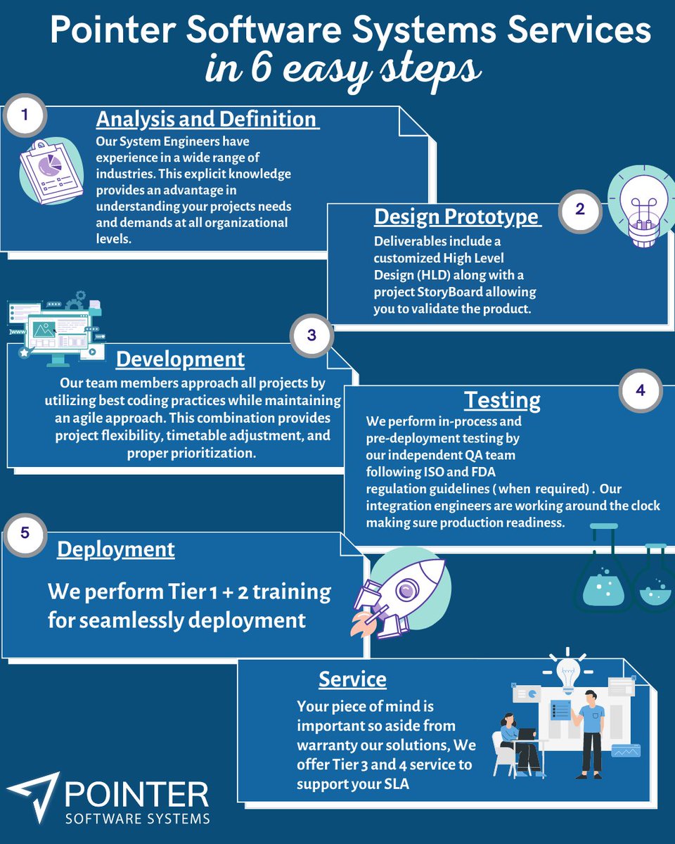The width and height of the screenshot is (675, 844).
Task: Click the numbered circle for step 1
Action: click(25, 115)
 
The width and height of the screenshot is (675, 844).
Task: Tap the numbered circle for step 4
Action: click(640, 390)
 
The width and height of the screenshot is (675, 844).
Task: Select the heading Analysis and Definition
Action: click(207, 119)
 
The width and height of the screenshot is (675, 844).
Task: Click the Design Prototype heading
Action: click(457, 217)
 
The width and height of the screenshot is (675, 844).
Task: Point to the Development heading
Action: click(180, 359)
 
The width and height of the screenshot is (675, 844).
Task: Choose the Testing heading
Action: click(502, 400)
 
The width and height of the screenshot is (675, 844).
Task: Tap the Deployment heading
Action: click(116, 549)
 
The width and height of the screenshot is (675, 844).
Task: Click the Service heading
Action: click(352, 679)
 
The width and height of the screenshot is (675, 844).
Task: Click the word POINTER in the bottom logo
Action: click(136, 794)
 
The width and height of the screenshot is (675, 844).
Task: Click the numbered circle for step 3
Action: click(311, 335)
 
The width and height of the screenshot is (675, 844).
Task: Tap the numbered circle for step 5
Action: click(25, 532)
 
